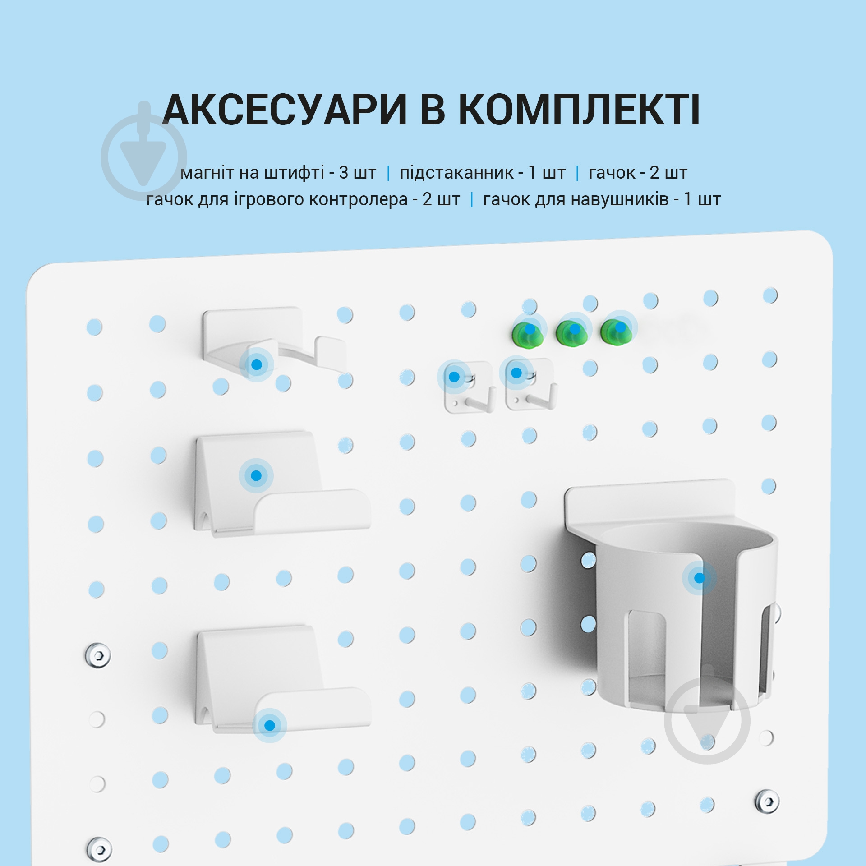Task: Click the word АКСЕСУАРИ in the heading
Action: tap(285, 111)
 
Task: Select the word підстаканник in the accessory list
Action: tap(456, 173)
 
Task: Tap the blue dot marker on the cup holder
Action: tap(699, 578)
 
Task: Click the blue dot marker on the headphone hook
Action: tap(256, 364)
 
